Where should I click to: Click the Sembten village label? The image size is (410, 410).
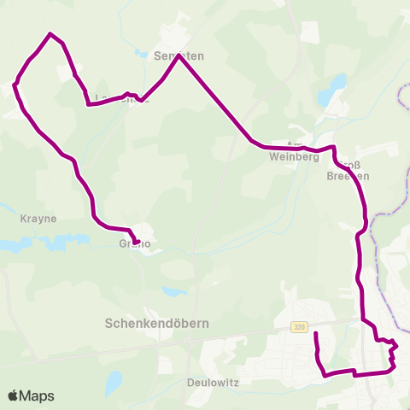(179, 56)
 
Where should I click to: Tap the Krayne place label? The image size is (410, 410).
(38, 219)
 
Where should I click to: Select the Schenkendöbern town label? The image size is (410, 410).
(156, 324)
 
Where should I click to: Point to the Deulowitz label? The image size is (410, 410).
(211, 381)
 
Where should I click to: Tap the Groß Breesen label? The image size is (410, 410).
(348, 170)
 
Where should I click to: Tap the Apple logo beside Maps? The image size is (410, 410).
(14, 396)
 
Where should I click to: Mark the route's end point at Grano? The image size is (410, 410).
(136, 242)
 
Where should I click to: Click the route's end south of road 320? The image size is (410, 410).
(316, 333)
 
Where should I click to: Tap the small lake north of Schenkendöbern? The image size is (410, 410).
(175, 291)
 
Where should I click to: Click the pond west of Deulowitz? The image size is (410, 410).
(114, 381)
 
